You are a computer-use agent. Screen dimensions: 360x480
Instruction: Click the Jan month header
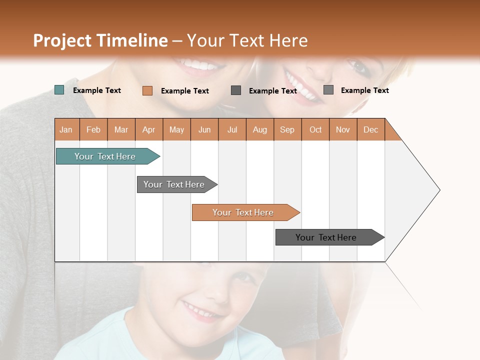(66, 129)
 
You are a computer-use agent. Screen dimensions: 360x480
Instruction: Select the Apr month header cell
(149, 129)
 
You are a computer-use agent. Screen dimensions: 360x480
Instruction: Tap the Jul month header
(232, 129)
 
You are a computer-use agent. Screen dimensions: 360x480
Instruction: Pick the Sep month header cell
(287, 129)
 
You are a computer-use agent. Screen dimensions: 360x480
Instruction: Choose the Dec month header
(370, 129)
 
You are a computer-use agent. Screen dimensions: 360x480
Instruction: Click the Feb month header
(93, 129)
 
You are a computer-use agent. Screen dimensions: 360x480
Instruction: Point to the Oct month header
(315, 129)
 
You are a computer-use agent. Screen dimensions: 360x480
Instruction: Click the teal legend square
(59, 90)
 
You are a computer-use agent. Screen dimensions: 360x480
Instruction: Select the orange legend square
(147, 90)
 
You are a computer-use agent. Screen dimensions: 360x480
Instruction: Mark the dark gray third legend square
(236, 90)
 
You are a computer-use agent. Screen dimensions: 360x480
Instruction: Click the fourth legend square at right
(328, 90)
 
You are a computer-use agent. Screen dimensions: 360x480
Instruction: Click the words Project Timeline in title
(100, 40)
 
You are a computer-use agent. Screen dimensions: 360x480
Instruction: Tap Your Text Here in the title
(247, 40)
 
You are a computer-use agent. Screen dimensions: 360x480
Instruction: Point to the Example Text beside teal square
(97, 90)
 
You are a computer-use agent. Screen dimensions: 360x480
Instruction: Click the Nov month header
(343, 129)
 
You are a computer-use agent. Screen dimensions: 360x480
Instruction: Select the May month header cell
(176, 129)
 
